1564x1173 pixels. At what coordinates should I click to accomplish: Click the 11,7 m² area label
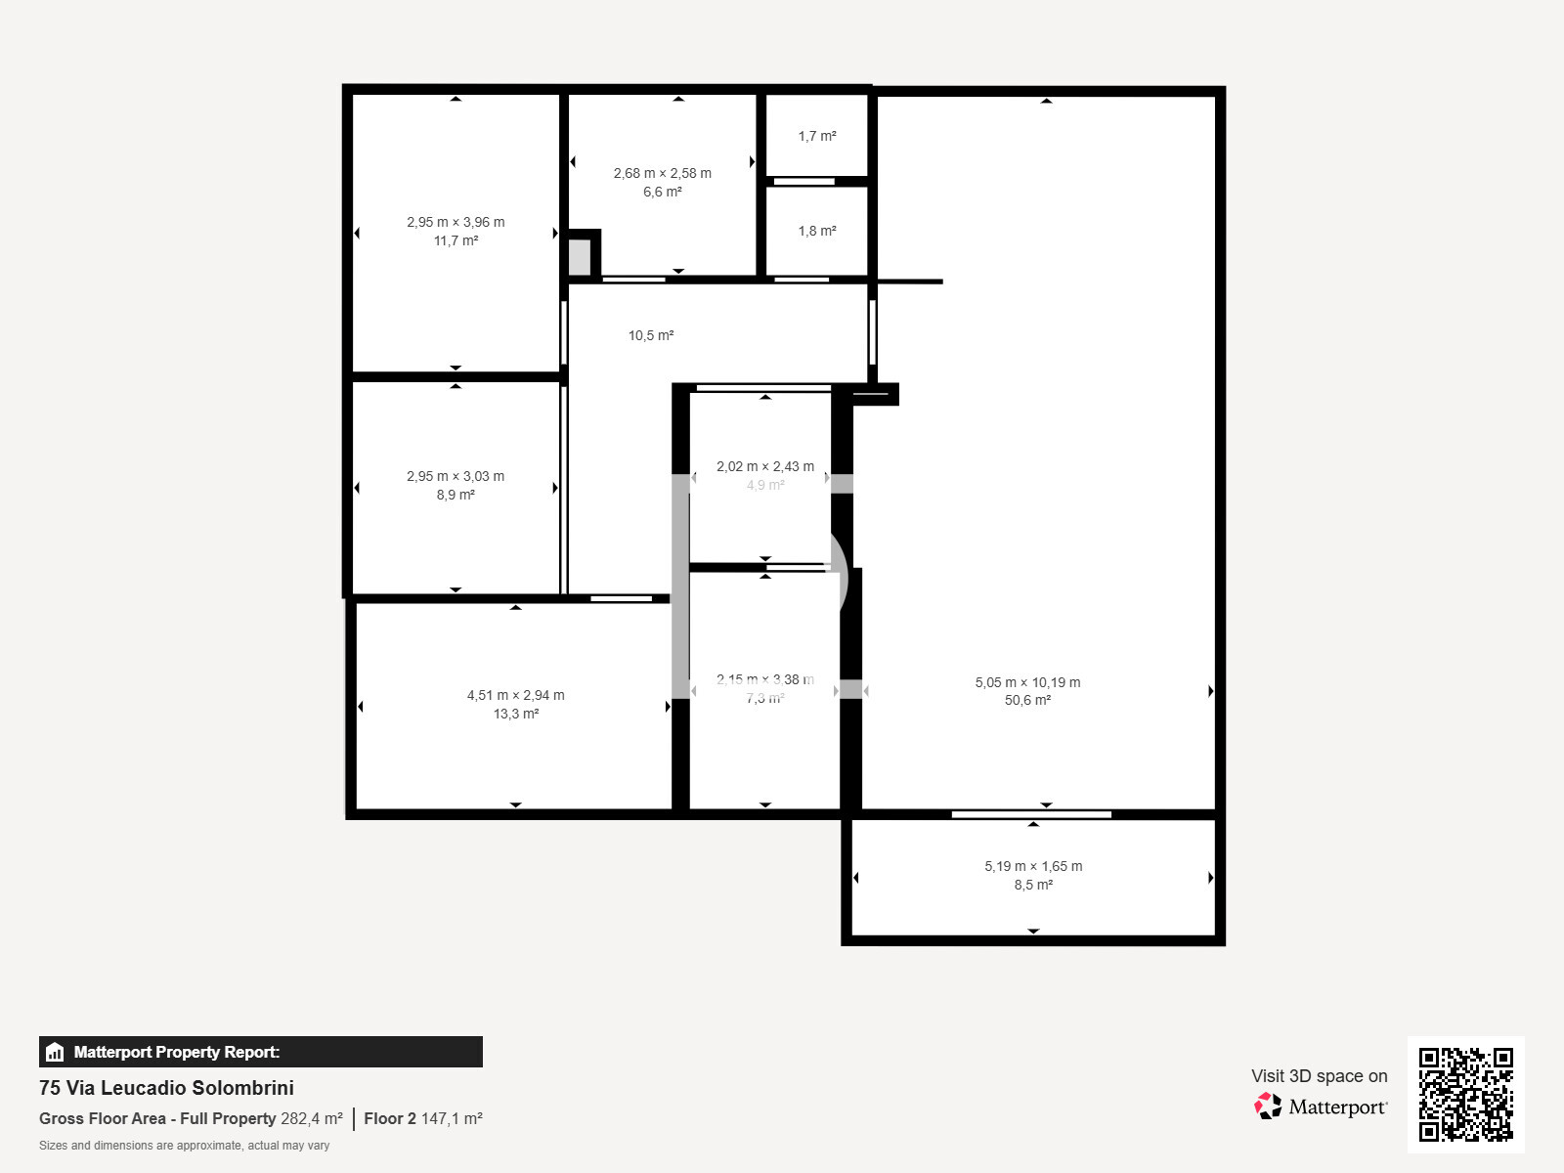(456, 241)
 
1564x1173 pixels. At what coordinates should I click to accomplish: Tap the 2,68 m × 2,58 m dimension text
(662, 173)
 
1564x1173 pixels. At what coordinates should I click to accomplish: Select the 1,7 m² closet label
(816, 137)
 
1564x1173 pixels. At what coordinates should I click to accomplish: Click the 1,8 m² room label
(816, 232)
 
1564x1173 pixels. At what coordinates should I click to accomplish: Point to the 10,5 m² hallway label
(650, 336)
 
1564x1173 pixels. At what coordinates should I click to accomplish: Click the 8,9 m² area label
(456, 496)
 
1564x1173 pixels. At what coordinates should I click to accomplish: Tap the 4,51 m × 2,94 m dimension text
(515, 696)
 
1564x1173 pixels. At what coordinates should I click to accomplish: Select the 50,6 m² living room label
(1026, 701)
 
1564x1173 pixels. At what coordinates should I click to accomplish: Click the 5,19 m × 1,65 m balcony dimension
(1032, 867)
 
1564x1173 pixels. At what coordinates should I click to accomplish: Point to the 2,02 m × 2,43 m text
(764, 467)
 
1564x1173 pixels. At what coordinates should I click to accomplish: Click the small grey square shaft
(580, 257)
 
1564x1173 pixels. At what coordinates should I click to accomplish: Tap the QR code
(1465, 1094)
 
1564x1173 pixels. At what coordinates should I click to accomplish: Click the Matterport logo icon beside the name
(1268, 1107)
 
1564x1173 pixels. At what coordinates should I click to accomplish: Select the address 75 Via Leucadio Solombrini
(166, 1088)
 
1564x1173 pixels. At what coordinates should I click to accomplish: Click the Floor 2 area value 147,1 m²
(452, 1119)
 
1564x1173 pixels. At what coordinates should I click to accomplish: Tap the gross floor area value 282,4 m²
(311, 1119)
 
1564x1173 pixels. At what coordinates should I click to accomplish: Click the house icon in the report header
(55, 1053)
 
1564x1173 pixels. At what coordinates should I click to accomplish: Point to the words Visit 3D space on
(1319, 1076)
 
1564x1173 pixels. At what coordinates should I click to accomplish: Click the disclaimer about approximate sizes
(184, 1146)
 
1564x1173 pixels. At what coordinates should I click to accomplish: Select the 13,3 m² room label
(515, 715)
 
